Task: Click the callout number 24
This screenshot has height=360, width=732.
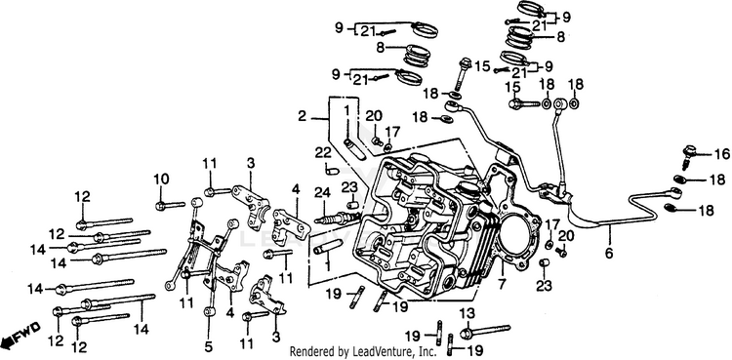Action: pyautogui.click(x=322, y=191)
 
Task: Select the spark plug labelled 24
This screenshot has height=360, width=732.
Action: pyautogui.click(x=337, y=218)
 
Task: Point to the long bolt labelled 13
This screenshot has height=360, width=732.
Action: pyautogui.click(x=485, y=331)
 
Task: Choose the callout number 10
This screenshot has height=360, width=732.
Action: pyautogui.click(x=161, y=179)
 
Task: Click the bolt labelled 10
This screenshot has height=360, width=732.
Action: pyautogui.click(x=170, y=205)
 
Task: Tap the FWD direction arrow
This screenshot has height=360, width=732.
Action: pyautogui.click(x=21, y=336)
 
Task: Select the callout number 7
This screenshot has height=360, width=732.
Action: pyautogui.click(x=503, y=283)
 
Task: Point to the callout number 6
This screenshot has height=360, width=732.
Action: pyautogui.click(x=608, y=254)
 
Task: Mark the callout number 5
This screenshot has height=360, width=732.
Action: pyautogui.click(x=208, y=347)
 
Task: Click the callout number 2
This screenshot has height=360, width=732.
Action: pyautogui.click(x=302, y=116)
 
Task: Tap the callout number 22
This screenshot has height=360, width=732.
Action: pyautogui.click(x=322, y=153)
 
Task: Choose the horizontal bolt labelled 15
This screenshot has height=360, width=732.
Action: pyautogui.click(x=524, y=102)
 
